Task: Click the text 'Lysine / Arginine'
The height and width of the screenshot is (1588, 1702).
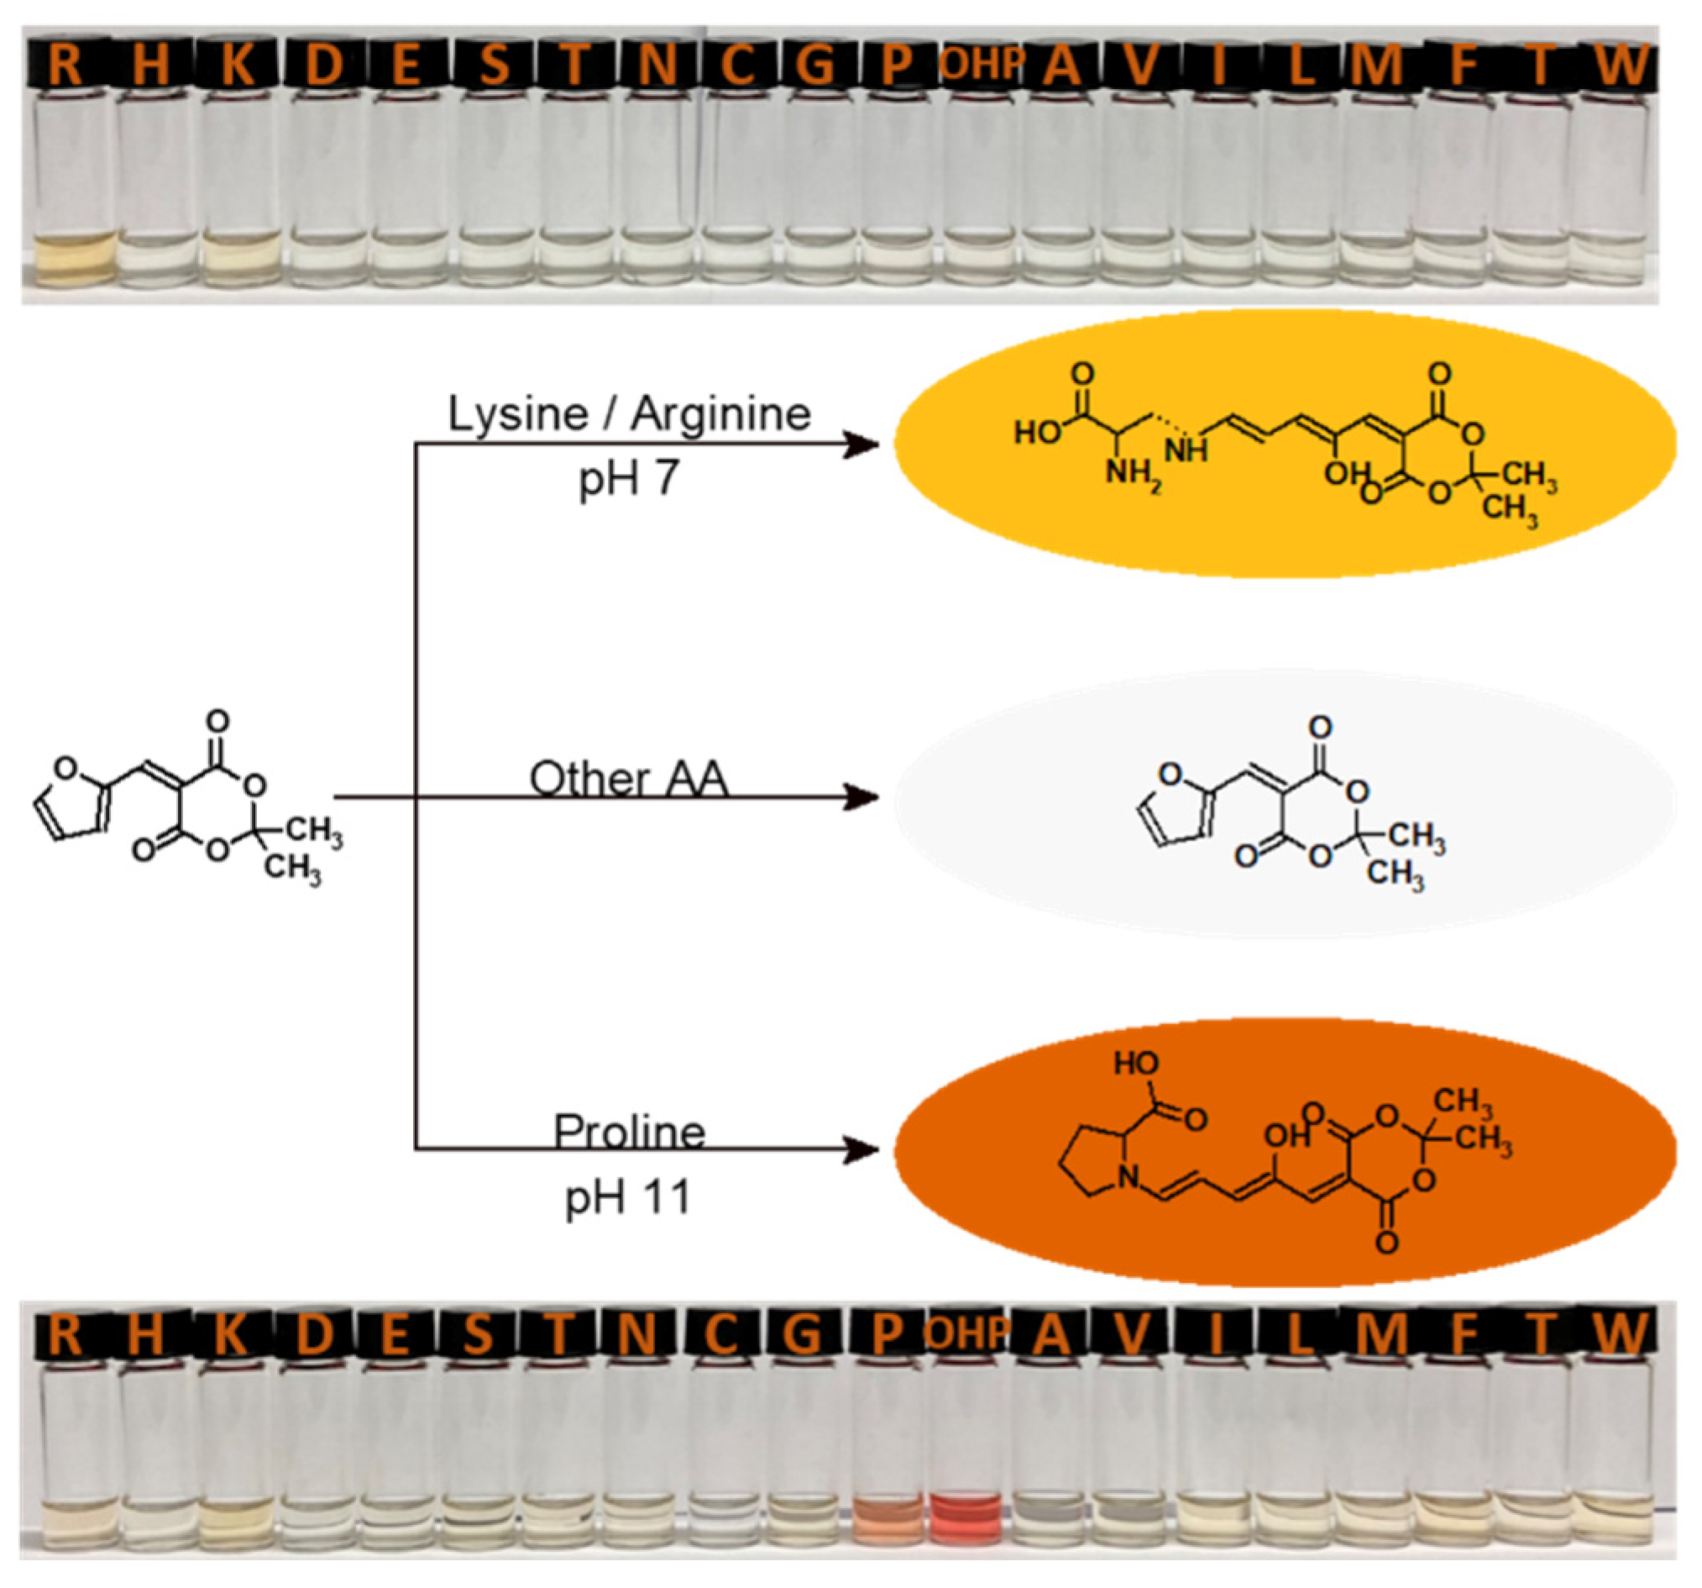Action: pos(629,414)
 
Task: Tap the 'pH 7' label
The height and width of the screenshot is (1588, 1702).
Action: pos(629,479)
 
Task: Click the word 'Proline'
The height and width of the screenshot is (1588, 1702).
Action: pos(629,1132)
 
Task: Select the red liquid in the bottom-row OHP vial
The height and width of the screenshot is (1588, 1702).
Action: pos(966,1517)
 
